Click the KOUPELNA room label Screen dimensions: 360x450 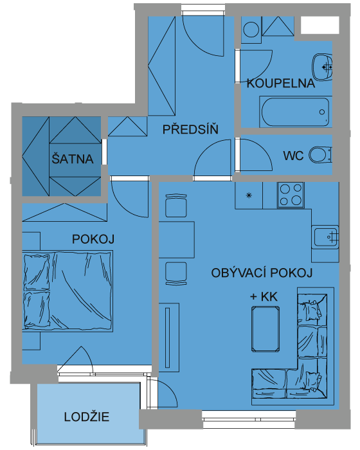click(x=280, y=83)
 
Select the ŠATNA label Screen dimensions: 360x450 click(x=73, y=158)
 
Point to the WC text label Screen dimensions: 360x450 click(x=293, y=156)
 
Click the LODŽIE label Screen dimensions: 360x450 click(x=86, y=417)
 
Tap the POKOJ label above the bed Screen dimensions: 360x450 click(x=93, y=239)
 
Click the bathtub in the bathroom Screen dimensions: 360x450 click(x=296, y=112)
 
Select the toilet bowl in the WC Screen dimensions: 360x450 click(x=319, y=155)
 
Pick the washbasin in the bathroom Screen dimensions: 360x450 click(x=322, y=67)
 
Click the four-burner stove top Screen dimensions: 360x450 click(x=291, y=195)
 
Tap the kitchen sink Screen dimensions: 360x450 click(x=325, y=237)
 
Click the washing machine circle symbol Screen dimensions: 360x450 click(x=251, y=30)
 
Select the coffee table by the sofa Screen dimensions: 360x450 click(x=265, y=329)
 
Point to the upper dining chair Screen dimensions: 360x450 click(x=176, y=206)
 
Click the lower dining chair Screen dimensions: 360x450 click(x=176, y=273)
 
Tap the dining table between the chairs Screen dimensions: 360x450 click(x=177, y=240)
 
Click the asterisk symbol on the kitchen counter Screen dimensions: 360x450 click(x=249, y=195)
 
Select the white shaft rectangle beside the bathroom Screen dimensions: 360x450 click(x=319, y=25)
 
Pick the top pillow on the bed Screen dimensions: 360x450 click(x=37, y=273)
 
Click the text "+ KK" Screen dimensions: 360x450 click(x=264, y=296)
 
